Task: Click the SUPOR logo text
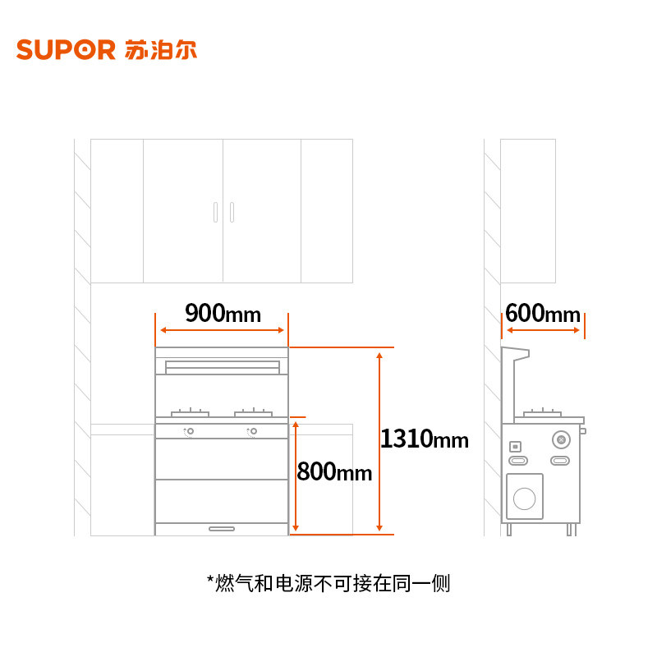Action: click(x=66, y=49)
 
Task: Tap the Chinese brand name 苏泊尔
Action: click(x=162, y=49)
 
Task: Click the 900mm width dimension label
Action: click(x=223, y=313)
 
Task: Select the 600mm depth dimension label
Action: click(x=543, y=314)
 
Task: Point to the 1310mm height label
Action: click(x=424, y=439)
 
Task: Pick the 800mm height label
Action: click(x=334, y=472)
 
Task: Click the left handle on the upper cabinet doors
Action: click(x=215, y=211)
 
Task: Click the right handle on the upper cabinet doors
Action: click(x=232, y=211)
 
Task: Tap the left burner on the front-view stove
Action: click(x=190, y=411)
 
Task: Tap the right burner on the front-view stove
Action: click(x=253, y=411)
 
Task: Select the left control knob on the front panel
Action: click(x=190, y=431)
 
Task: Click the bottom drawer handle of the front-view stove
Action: click(x=222, y=528)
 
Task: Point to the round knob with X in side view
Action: click(x=561, y=437)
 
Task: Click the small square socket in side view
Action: click(x=515, y=447)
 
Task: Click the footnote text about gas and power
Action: click(x=328, y=584)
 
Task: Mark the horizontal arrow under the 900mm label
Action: click(x=223, y=330)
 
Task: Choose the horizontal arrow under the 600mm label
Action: click(x=543, y=330)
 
